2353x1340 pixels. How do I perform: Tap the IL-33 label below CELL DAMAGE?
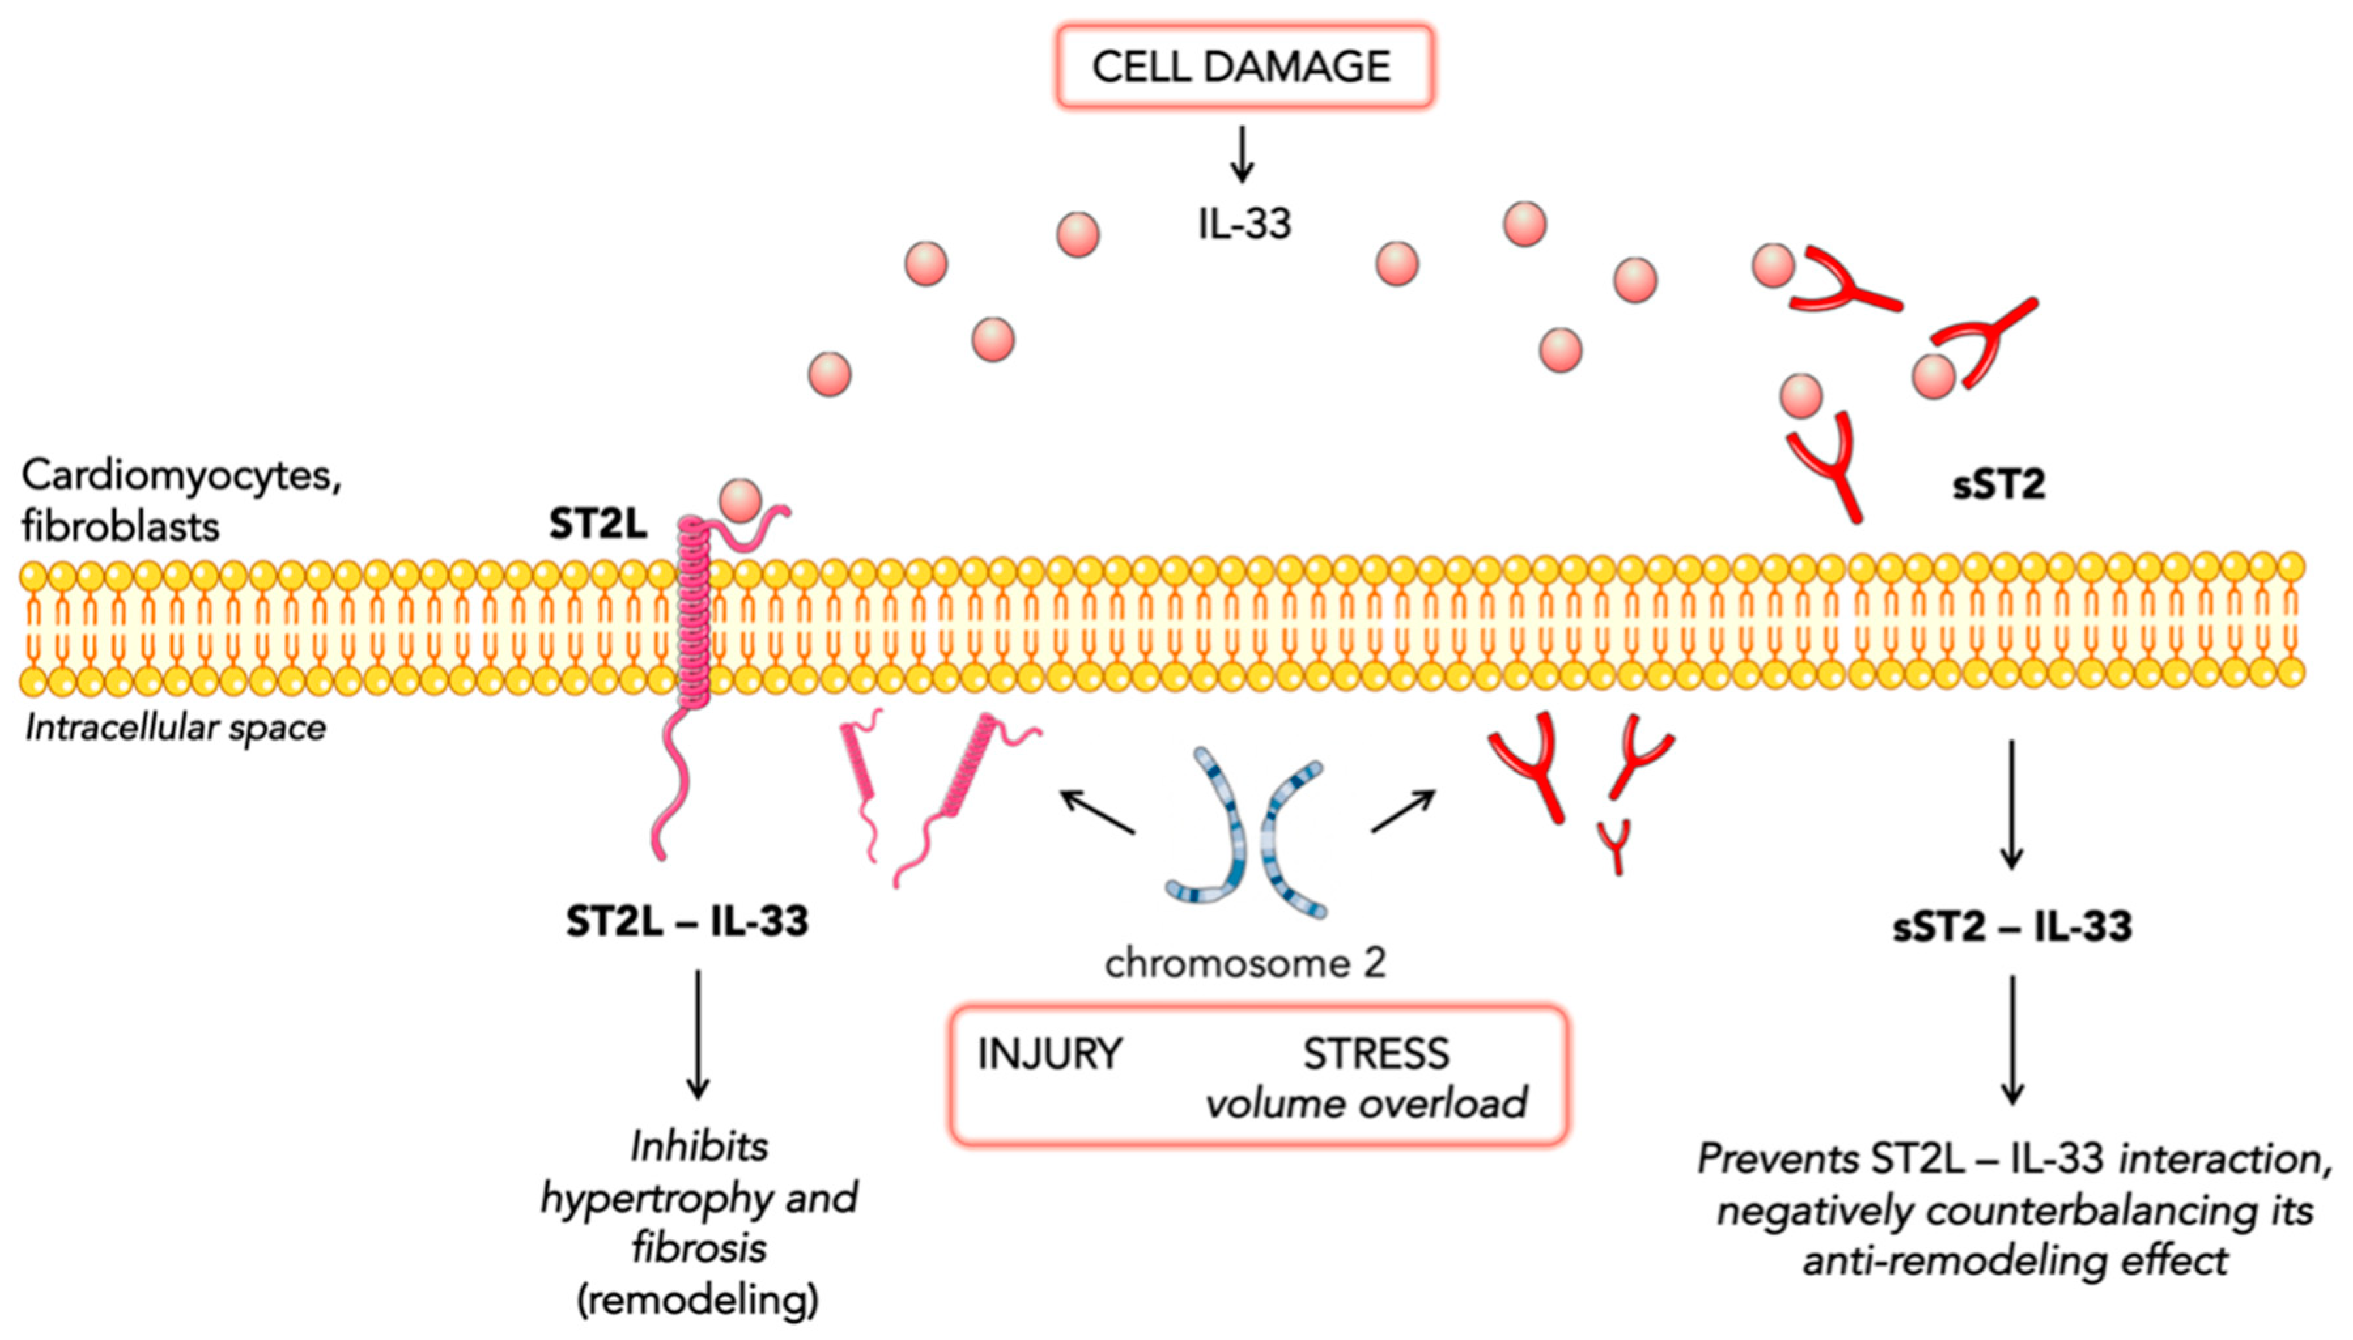point(1244,224)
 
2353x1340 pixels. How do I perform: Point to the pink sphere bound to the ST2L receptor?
point(741,501)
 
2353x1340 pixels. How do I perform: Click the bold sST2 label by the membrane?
point(1998,485)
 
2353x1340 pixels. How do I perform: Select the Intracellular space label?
point(175,728)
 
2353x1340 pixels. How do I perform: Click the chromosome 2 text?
point(1244,963)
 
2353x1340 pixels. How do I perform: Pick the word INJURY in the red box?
point(1049,1054)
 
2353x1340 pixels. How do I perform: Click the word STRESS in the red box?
point(1376,1054)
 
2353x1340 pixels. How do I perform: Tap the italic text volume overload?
point(1366,1103)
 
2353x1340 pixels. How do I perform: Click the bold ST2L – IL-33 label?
point(686,921)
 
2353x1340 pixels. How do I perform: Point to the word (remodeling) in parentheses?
point(698,1299)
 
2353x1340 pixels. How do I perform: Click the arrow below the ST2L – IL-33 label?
point(698,1035)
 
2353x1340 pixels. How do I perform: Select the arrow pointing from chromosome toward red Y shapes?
point(1402,811)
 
